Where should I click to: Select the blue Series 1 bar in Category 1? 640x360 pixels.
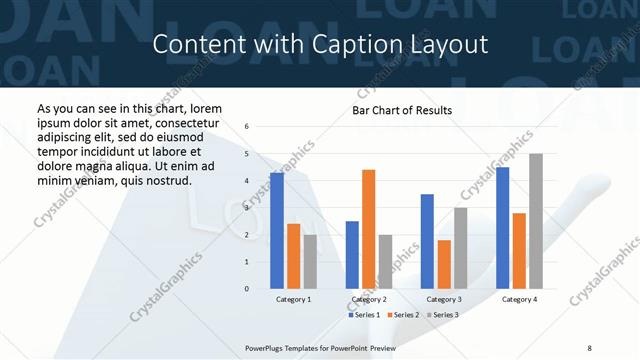coord(277,230)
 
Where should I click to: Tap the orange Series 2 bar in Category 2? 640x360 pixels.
coord(368,229)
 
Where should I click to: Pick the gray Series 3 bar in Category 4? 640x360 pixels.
coord(536,221)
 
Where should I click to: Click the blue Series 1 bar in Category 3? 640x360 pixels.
coord(427,241)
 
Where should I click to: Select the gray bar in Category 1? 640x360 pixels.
coord(310,261)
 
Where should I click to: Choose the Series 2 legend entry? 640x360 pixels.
coord(402,315)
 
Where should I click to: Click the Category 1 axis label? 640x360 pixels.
coord(293,299)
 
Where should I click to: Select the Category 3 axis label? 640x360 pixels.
coord(444,299)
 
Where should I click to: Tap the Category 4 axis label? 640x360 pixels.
coord(519,299)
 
